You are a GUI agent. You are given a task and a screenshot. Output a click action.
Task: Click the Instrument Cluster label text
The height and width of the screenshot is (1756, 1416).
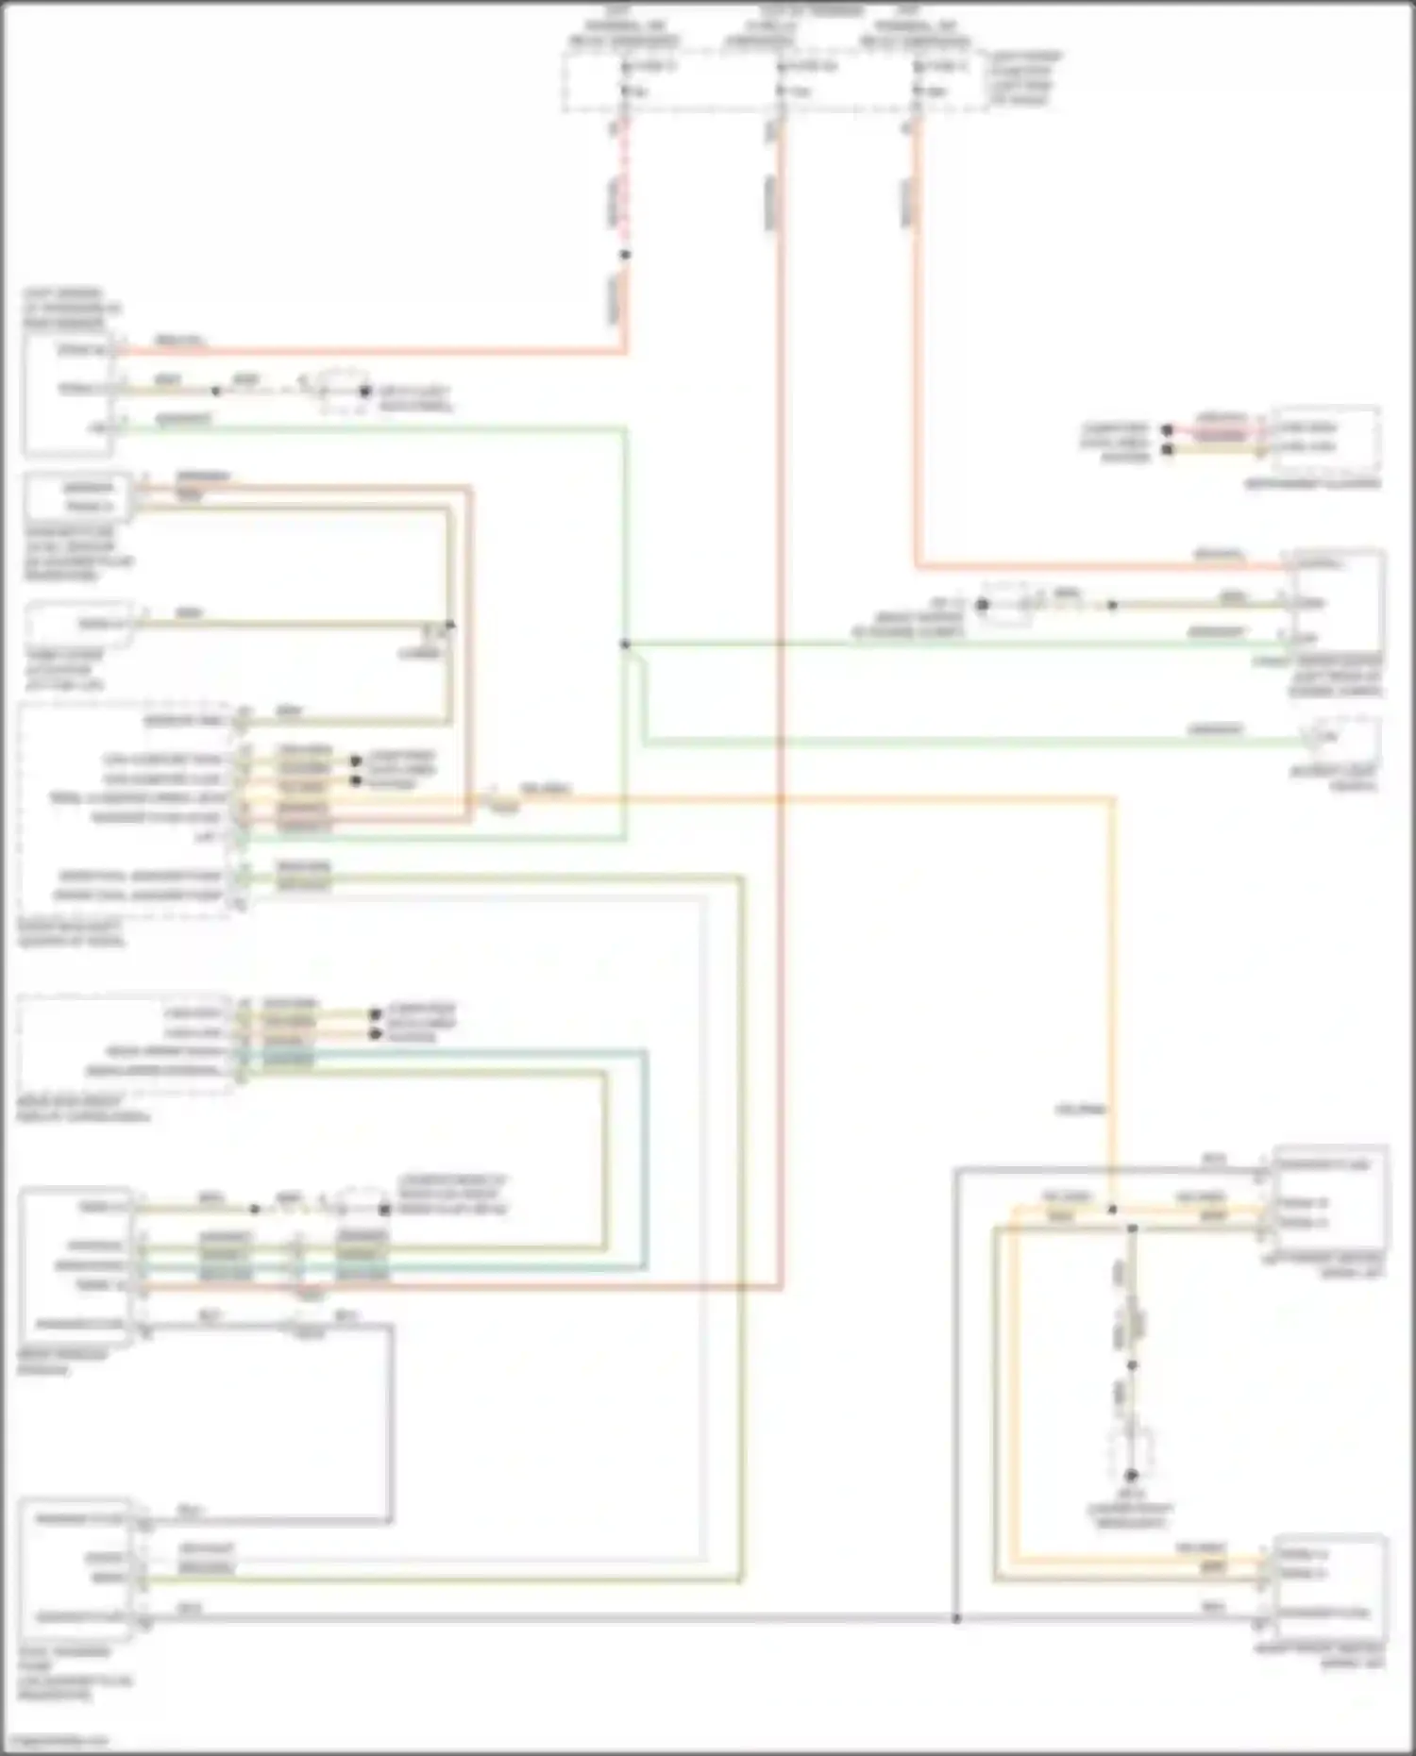click(1311, 484)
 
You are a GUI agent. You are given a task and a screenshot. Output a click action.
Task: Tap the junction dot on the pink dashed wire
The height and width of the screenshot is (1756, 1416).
click(624, 255)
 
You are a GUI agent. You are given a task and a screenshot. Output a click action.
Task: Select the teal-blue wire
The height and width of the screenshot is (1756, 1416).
click(646, 1161)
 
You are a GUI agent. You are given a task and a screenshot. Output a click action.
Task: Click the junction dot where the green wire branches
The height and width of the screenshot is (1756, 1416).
click(624, 644)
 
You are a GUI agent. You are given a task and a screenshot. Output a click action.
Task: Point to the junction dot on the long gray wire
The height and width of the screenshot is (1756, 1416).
click(955, 1618)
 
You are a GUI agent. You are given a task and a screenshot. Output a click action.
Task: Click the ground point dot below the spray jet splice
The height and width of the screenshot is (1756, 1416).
click(1131, 1475)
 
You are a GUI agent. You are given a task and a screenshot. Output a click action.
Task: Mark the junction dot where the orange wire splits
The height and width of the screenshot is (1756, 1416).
click(1112, 1209)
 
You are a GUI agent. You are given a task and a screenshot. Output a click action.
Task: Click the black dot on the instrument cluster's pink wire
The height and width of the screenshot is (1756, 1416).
click(1167, 430)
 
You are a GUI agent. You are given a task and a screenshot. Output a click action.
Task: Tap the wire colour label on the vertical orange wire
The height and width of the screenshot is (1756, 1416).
click(1082, 1109)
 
